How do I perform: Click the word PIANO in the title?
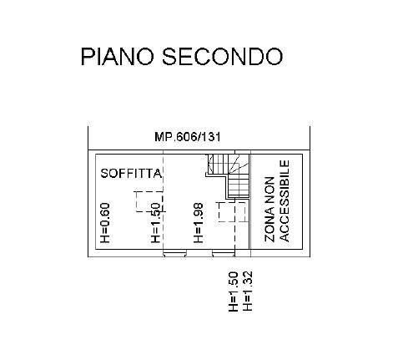(x=117, y=57)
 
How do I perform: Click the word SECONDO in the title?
(x=223, y=57)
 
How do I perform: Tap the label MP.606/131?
(x=188, y=137)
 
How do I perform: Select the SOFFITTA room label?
(x=131, y=174)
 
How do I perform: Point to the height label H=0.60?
(x=105, y=223)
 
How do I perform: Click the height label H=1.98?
(x=199, y=223)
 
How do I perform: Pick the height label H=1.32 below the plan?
(x=247, y=292)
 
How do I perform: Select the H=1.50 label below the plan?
(x=234, y=292)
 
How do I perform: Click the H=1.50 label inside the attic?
(x=156, y=223)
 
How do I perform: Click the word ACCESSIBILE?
(x=285, y=200)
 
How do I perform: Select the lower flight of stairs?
(x=238, y=187)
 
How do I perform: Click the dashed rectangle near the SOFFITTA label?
(x=149, y=201)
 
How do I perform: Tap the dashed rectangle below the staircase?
(x=232, y=212)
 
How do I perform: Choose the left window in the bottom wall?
(x=174, y=253)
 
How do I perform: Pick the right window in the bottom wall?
(x=224, y=253)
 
